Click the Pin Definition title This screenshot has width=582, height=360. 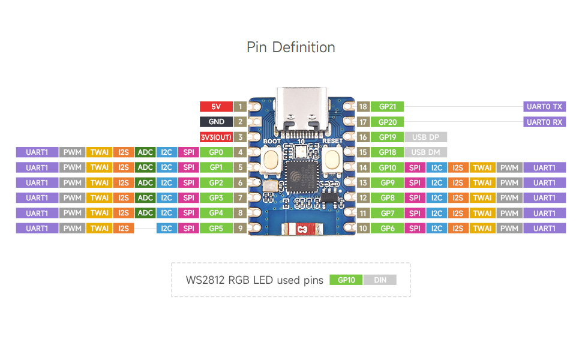pos(290,47)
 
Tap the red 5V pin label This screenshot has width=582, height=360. pos(216,107)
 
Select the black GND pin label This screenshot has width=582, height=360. pos(216,122)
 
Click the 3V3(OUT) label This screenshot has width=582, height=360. pos(216,137)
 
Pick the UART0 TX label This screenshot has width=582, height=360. pos(544,107)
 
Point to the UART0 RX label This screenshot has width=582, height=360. pos(544,122)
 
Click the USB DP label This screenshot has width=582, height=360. pos(426,137)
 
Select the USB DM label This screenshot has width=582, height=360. pos(426,152)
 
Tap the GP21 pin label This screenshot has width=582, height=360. pos(387,107)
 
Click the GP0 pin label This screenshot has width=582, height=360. pos(216,152)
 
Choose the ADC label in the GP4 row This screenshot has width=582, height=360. pos(145,213)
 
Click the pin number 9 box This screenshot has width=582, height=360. pos(240,228)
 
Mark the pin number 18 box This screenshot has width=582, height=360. pos(362,107)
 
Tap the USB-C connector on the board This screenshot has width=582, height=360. pos(301,110)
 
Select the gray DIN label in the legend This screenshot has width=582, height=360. pos(380,280)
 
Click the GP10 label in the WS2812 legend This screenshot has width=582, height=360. pos(346,280)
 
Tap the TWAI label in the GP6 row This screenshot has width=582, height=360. pos(482,228)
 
